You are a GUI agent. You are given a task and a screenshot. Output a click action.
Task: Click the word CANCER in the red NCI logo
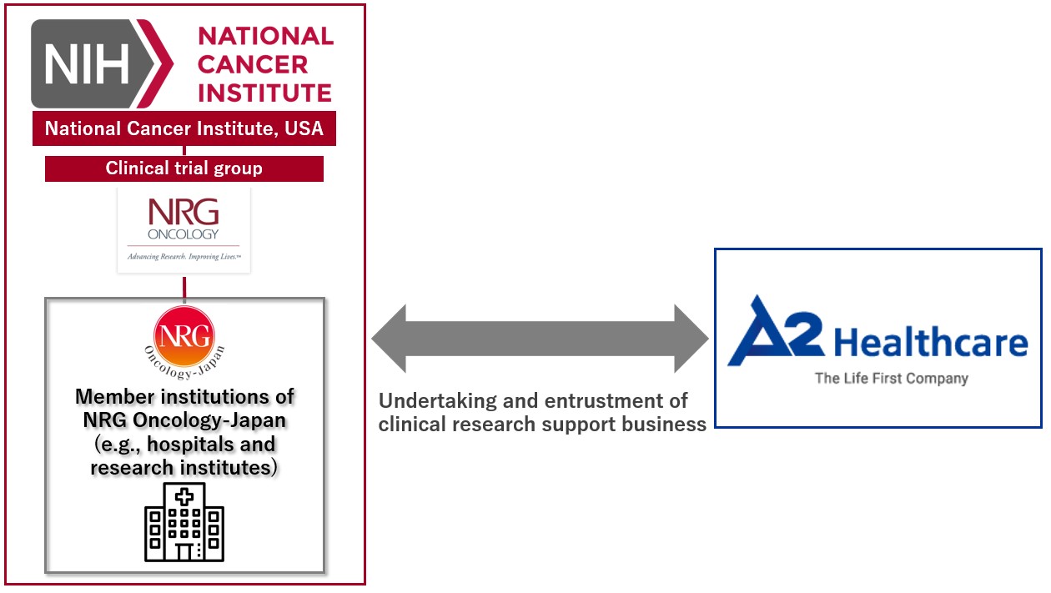pyautogui.click(x=253, y=64)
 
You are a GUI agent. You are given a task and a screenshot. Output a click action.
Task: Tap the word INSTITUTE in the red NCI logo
pyautogui.click(x=264, y=93)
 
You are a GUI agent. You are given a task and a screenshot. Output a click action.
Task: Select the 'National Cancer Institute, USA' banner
pyautogui.click(x=184, y=128)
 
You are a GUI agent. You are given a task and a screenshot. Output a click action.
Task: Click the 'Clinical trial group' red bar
pyautogui.click(x=184, y=168)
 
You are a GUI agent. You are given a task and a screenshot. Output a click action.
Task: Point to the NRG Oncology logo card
pyautogui.click(x=184, y=230)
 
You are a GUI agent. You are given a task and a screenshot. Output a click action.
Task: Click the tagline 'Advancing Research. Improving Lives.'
pyautogui.click(x=184, y=257)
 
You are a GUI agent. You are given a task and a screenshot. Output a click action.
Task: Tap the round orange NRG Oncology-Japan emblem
pyautogui.click(x=184, y=337)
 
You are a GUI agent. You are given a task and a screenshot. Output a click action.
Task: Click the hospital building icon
pyautogui.click(x=184, y=522)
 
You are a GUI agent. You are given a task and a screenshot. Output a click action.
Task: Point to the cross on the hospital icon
pyautogui.click(x=184, y=497)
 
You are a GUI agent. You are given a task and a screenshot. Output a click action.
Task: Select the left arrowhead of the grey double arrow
pyautogui.click(x=389, y=339)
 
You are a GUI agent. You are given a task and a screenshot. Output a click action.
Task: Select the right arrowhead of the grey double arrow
pyautogui.click(x=691, y=339)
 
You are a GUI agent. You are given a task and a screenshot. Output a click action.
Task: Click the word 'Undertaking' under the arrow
pyautogui.click(x=438, y=401)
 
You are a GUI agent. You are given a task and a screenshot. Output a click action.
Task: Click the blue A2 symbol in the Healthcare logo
pyautogui.click(x=776, y=330)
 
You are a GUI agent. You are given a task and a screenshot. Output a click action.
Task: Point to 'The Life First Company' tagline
pyautogui.click(x=892, y=378)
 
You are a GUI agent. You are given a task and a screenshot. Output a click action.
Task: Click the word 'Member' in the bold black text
pyautogui.click(x=115, y=397)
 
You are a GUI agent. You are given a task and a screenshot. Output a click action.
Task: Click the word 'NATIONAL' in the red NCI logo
pyautogui.click(x=265, y=36)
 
